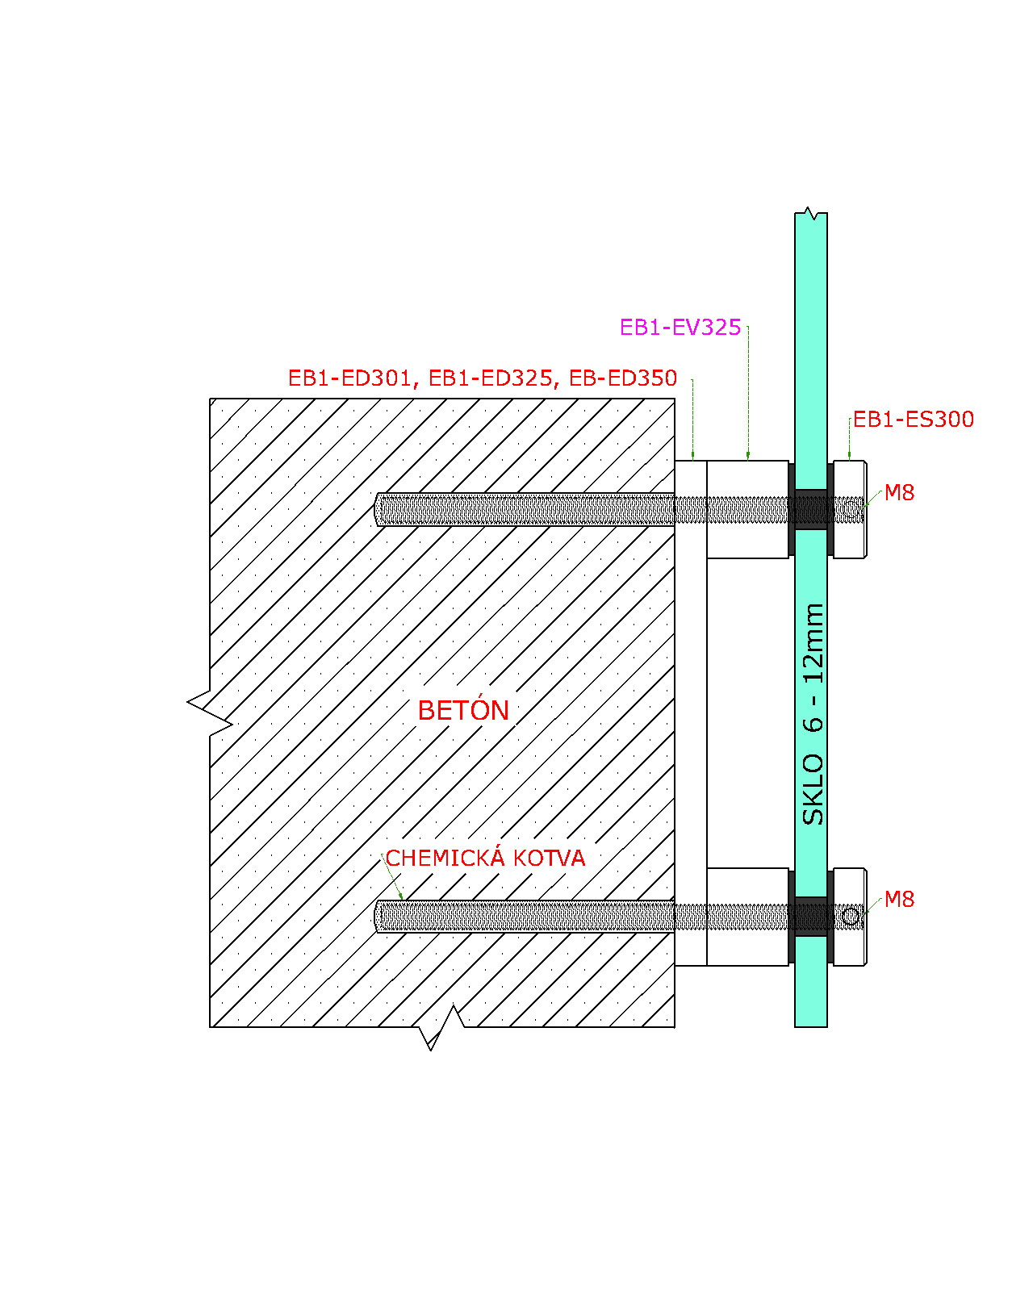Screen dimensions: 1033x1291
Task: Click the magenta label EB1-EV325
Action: coord(680,328)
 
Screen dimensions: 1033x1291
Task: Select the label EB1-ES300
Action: coord(913,420)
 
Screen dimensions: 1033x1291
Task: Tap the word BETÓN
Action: coord(463,711)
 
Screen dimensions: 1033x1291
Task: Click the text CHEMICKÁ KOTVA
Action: coord(485,858)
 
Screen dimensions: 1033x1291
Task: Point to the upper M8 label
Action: coord(899,492)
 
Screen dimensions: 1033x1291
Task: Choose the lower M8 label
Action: coord(899,899)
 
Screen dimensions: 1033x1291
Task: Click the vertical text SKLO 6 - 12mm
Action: coord(813,714)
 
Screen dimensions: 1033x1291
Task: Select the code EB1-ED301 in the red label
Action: coord(349,378)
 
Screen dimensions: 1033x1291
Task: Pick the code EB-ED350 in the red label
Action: coord(623,378)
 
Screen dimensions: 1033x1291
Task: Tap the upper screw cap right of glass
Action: coord(850,509)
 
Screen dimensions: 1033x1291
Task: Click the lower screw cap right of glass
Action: coord(850,917)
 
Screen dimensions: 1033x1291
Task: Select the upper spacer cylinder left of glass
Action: coord(747,509)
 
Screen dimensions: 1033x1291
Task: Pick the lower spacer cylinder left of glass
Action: coord(747,917)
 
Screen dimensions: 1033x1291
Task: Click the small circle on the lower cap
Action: coord(851,917)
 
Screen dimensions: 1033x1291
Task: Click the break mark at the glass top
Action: coord(811,214)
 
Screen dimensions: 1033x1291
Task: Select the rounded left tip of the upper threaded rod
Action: coord(377,509)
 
